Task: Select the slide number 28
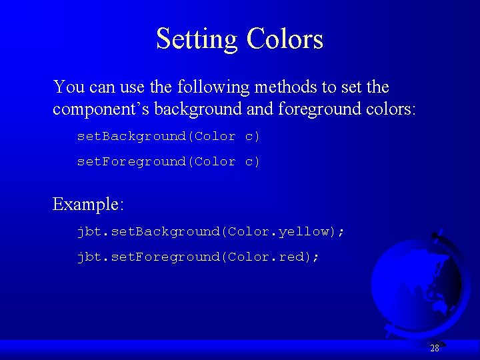click(435, 348)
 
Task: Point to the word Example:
click(88, 204)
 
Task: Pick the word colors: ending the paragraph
click(390, 109)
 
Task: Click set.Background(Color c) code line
click(169, 136)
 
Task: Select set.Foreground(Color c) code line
click(169, 161)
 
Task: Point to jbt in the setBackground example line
click(87, 231)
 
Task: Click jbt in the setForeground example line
click(87, 257)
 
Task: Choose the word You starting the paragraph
click(69, 87)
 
